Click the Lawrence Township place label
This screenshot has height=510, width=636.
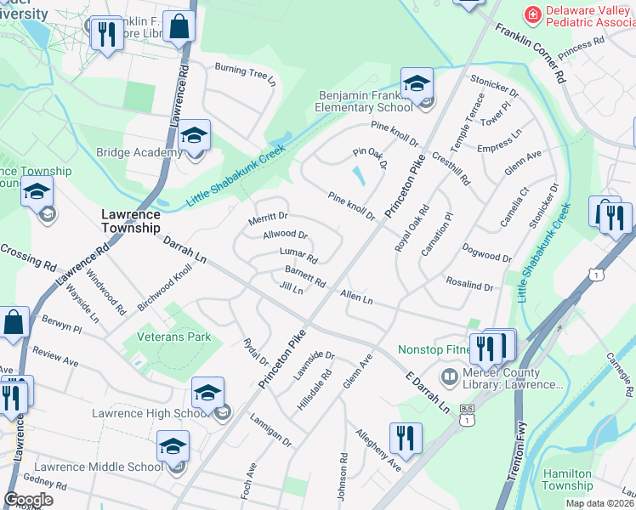click(130, 221)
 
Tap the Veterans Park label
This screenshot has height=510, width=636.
click(174, 337)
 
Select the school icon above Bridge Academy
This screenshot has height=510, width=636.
click(194, 135)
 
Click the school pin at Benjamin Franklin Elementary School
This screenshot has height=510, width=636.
click(417, 84)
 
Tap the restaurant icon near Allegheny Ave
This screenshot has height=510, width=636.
click(406, 439)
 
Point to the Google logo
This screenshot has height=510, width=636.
click(28, 500)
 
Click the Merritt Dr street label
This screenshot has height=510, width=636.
click(268, 218)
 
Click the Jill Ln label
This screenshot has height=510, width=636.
click(291, 289)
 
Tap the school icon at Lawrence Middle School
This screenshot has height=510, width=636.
click(173, 446)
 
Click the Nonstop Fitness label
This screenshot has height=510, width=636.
click(434, 349)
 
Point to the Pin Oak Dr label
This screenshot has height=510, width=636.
click(370, 157)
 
